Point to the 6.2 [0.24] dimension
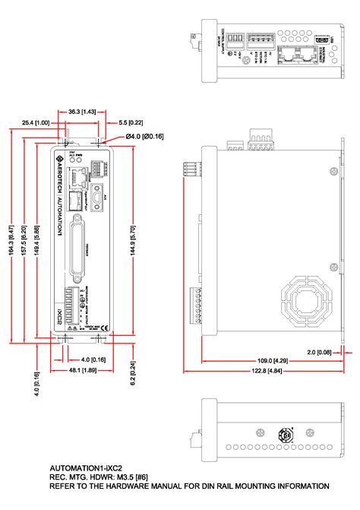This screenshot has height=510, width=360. pos(133,372)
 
